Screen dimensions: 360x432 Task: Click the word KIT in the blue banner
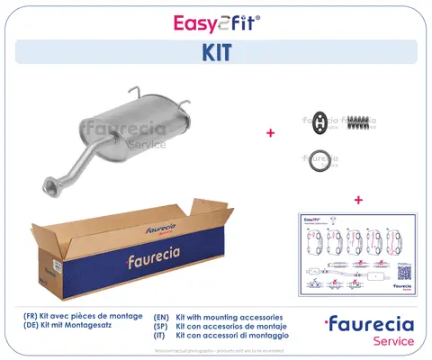216,53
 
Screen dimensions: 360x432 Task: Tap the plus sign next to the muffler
270,133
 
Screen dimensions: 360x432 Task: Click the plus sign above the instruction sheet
357,199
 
